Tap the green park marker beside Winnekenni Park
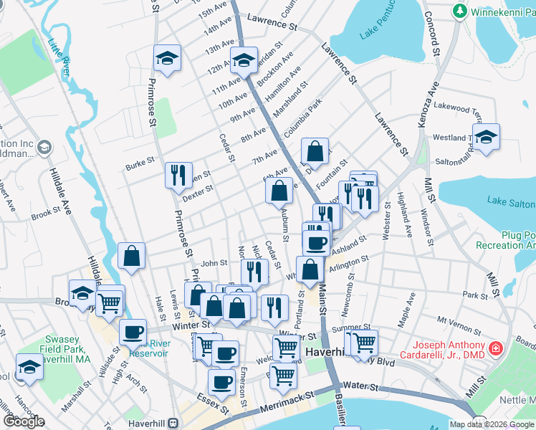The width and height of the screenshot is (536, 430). [x=459, y=11]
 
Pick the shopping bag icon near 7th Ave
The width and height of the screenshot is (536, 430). [x=315, y=152]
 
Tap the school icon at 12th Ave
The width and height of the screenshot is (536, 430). [x=243, y=62]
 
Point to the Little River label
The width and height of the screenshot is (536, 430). [x=60, y=54]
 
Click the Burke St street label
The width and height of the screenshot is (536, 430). [x=140, y=164]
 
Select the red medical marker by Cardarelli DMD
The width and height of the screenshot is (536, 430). [x=495, y=349]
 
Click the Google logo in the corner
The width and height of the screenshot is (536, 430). [x=24, y=421]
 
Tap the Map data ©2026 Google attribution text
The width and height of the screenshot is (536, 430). [x=492, y=424]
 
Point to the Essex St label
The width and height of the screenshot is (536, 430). [x=214, y=406]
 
